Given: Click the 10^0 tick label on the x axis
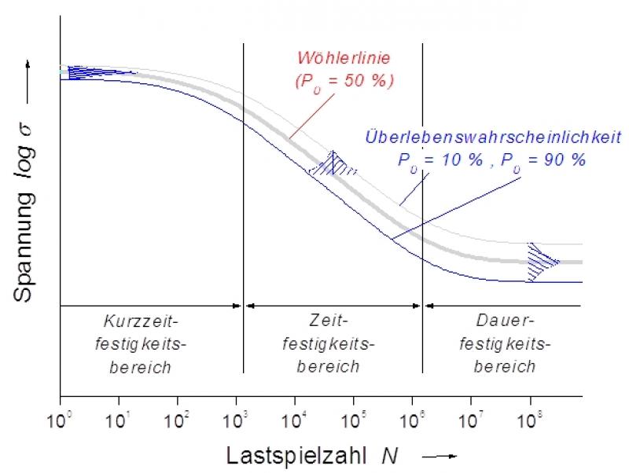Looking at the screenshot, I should pyautogui.click(x=61, y=412).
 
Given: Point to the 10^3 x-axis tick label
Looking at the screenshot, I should pyautogui.click(x=237, y=412).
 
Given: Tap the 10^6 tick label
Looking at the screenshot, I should pyautogui.click(x=413, y=412).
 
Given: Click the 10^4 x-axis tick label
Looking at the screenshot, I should pyautogui.click(x=295, y=412).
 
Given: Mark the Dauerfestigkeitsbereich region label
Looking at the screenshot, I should pyautogui.click(x=505, y=343).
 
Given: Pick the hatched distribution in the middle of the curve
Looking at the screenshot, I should pyautogui.click(x=334, y=163).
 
